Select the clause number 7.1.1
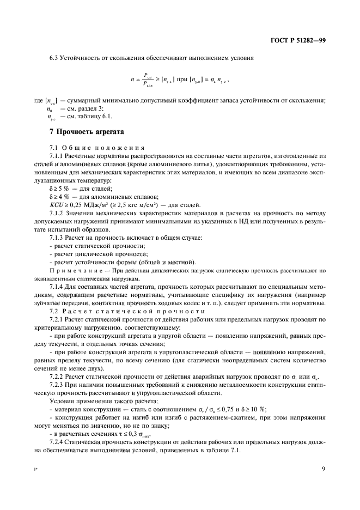click(57, 156)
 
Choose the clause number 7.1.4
click(57, 286)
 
